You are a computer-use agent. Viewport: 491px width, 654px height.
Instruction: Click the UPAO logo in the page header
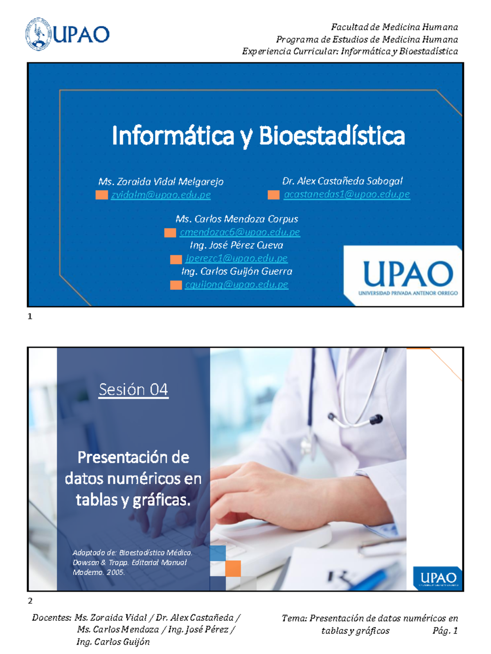pos(68,34)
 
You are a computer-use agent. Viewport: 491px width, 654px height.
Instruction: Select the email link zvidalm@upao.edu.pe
pos(161,195)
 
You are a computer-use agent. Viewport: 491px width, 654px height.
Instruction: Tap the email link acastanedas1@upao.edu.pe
pos(347,194)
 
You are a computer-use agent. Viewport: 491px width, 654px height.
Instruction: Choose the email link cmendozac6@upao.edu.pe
pos(240,232)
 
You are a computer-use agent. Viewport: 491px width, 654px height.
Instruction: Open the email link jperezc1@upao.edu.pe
pos(236,258)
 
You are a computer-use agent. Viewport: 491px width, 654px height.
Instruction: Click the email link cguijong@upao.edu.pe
pos(236,284)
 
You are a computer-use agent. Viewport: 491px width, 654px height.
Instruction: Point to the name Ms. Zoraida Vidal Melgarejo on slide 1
pos(161,181)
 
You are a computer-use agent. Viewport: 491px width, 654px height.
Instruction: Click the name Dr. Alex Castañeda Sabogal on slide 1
pos(342,181)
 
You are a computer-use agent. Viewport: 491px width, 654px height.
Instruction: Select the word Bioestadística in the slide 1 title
pos(332,136)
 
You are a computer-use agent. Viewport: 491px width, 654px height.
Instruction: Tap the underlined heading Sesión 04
pos(133,390)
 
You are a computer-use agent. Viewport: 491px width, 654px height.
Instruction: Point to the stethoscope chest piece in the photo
pos(376,419)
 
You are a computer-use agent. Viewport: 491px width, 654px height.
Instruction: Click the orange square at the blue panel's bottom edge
pos(233,569)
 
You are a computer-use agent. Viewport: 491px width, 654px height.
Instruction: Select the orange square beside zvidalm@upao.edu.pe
pos(101,195)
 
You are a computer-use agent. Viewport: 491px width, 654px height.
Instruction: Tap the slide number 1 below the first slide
pos(30,316)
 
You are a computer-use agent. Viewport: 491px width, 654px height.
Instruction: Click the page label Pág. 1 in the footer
pos(445,631)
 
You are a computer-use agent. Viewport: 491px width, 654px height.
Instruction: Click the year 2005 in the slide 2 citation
pos(115,572)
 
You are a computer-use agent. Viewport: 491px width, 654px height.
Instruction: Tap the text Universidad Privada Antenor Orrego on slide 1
pos(408,293)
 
